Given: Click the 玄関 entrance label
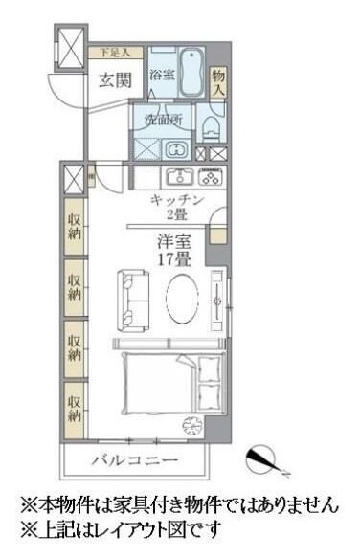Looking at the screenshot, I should tap(116, 79).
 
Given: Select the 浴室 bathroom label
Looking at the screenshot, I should tap(160, 75).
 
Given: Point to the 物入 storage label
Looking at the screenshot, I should tap(218, 80).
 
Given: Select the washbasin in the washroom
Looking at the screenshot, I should tap(176, 150).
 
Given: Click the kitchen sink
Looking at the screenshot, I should tap(178, 176).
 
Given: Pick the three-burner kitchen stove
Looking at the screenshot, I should tap(210, 177).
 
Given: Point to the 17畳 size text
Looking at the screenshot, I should tap(175, 258).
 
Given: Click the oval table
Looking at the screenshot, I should tap(183, 301).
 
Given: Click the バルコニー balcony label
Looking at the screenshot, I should tap(135, 461).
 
